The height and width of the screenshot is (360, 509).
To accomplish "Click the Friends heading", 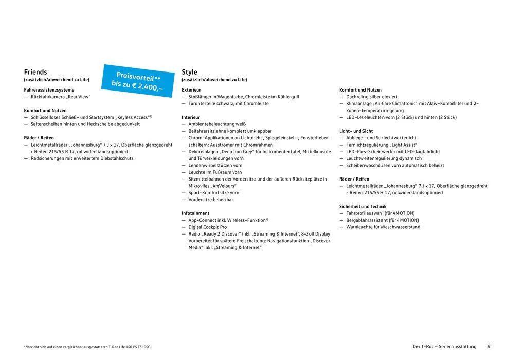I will [x=35, y=72].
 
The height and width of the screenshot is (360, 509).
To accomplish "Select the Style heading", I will [x=189, y=72].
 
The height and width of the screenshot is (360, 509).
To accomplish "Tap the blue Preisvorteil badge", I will [x=138, y=80].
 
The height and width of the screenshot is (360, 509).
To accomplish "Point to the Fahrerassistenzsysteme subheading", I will [x=49, y=90].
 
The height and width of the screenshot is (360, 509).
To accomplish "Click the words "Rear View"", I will [x=80, y=97].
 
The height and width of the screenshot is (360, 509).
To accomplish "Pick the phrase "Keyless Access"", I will [x=132, y=117].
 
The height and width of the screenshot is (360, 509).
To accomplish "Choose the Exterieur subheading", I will [x=191, y=90].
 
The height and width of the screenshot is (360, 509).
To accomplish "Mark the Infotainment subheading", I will [x=195, y=213].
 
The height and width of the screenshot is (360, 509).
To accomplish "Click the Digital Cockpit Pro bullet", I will [x=207, y=227].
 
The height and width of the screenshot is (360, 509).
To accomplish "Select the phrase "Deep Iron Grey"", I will [x=238, y=152].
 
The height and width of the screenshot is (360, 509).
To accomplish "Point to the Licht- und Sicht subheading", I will [x=356, y=131].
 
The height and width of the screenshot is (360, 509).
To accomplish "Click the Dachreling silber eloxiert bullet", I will [x=372, y=97].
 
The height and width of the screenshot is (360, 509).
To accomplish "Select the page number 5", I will [x=489, y=347].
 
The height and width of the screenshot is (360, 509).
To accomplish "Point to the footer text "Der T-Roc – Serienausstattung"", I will [x=445, y=347].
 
